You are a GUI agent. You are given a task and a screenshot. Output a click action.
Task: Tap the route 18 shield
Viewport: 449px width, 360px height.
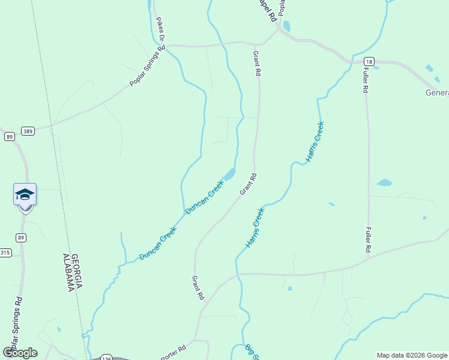[x=369, y=61]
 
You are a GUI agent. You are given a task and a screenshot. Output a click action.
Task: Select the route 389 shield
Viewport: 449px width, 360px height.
[x=27, y=130]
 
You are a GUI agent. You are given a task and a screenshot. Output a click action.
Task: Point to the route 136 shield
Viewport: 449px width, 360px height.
[x=106, y=357]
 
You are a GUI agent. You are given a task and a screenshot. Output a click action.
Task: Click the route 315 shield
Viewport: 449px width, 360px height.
[x=5, y=253]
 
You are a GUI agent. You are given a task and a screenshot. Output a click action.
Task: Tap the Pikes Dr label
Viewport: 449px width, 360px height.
[x=160, y=34]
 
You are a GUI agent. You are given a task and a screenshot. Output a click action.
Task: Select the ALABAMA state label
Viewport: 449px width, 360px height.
[x=67, y=271]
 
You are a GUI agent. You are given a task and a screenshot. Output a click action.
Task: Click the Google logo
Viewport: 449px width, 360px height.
[x=20, y=353]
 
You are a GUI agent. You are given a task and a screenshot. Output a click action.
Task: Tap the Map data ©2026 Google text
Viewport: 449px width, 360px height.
[x=412, y=355]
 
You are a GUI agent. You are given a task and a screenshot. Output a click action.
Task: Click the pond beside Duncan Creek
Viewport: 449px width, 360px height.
[x=228, y=175]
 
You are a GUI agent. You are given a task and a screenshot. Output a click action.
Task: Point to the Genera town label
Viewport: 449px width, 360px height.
[x=437, y=92]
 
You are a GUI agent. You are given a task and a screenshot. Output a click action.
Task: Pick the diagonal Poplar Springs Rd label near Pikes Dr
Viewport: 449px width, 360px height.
[x=147, y=67]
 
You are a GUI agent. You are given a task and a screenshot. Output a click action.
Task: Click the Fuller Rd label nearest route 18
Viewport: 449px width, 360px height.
[x=365, y=79]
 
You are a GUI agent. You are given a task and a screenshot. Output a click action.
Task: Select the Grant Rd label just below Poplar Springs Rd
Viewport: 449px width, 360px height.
[x=258, y=62]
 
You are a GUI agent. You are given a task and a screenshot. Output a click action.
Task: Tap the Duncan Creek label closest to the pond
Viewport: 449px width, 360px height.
[x=204, y=197]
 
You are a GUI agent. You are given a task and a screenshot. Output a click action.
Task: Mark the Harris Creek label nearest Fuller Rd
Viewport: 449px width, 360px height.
[x=315, y=142]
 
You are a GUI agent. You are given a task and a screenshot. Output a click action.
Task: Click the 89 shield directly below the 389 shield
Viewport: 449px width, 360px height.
[x=10, y=137]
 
